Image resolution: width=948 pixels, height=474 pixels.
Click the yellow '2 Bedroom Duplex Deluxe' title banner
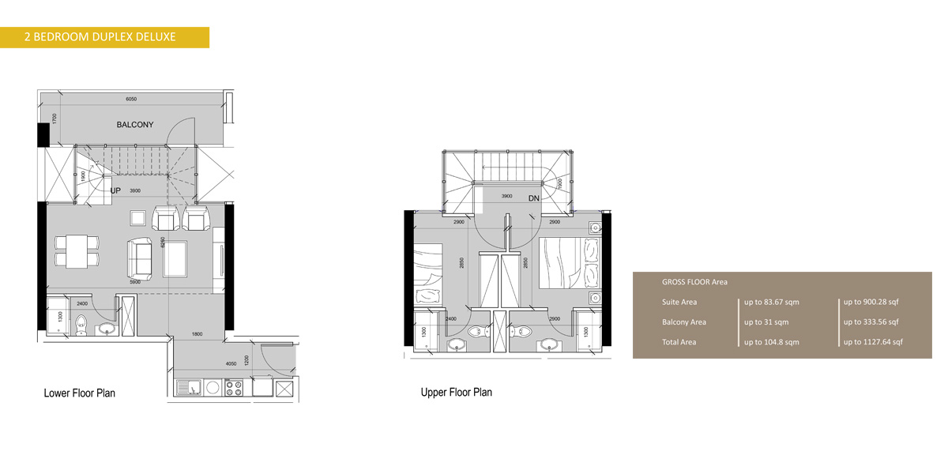coord(105,37)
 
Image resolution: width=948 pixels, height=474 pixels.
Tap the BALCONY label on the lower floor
coord(135,125)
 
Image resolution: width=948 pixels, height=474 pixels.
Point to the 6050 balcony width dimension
coord(131,100)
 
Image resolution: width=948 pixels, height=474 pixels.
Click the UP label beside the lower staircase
coord(115,191)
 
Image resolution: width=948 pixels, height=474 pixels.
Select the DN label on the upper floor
coord(534,198)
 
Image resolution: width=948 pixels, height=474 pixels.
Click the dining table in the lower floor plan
coord(77,250)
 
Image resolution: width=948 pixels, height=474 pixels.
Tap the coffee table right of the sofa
coord(175,258)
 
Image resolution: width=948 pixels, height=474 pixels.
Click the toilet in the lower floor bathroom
coord(80,324)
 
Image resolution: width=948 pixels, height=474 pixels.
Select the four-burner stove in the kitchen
coord(234,388)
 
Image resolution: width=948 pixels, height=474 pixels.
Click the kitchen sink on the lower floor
coord(186,388)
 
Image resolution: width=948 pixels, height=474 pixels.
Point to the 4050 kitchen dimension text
coord(231,364)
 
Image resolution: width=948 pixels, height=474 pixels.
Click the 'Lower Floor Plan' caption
coord(79,393)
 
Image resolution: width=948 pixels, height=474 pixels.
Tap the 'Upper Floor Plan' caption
coord(456,392)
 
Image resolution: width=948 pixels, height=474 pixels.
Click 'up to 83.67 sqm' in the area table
coord(772,302)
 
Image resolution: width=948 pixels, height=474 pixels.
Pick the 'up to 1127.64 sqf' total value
coord(873,342)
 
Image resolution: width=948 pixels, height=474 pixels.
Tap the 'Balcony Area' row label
coord(684,322)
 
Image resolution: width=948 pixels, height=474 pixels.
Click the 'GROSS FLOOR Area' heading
coord(694,282)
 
